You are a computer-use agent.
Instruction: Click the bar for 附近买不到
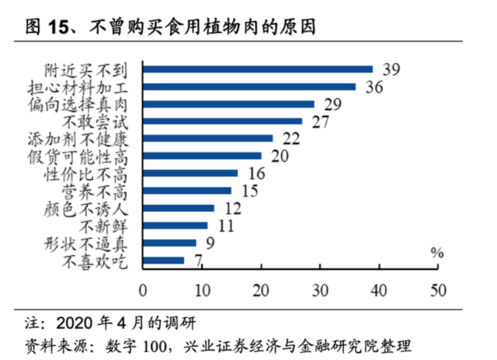(x=258, y=69)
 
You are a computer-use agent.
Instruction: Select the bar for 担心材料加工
(x=249, y=86)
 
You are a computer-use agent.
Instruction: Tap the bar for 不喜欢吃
(x=163, y=260)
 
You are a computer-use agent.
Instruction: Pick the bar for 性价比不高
(x=190, y=173)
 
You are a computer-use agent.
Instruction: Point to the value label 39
(x=390, y=69)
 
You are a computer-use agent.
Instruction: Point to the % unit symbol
(x=436, y=252)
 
